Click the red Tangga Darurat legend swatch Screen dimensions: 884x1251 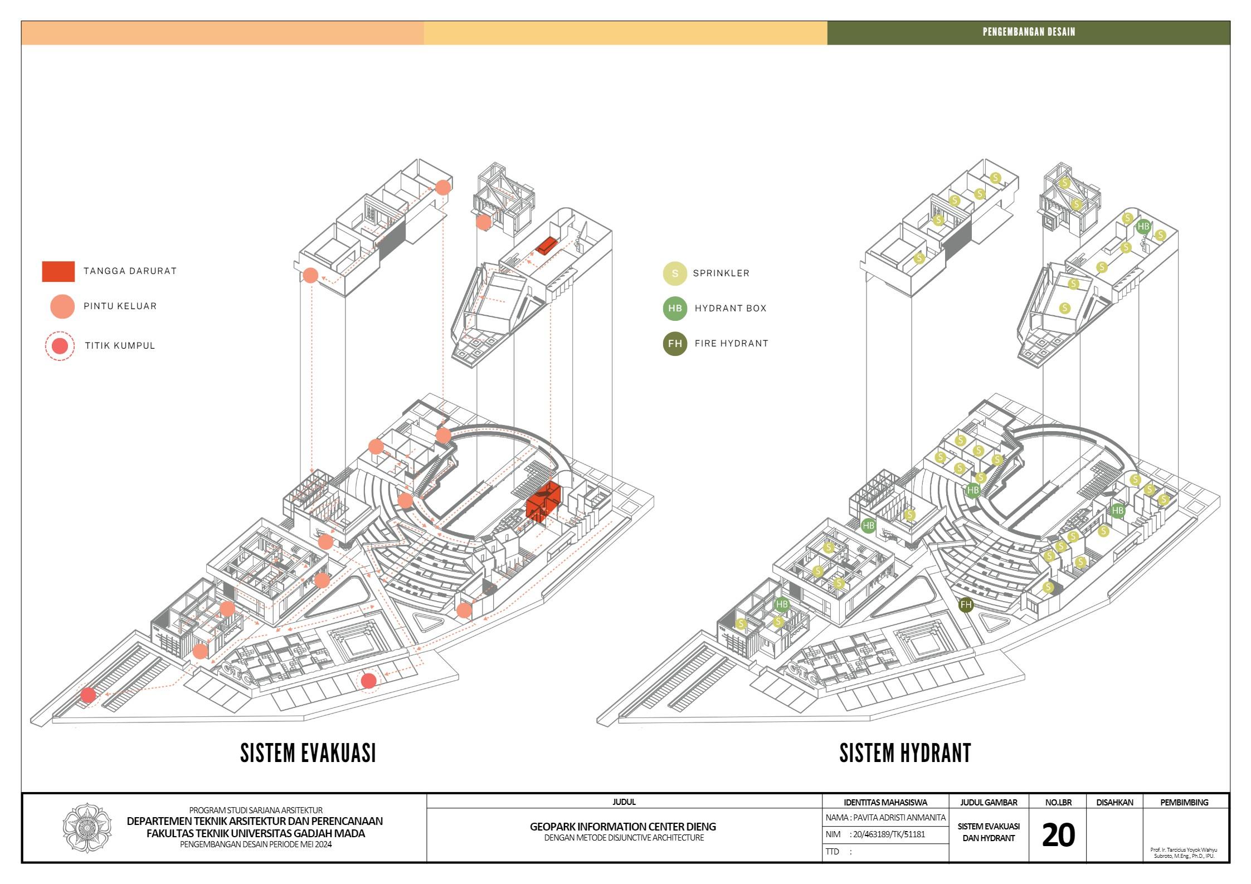point(58,271)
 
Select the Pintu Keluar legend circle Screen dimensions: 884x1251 point(62,306)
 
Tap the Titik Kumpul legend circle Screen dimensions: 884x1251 point(60,346)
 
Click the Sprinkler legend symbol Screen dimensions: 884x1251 point(675,273)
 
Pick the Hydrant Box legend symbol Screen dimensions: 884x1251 point(675,309)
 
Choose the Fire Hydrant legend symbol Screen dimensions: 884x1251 point(675,344)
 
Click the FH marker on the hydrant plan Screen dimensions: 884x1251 point(966,605)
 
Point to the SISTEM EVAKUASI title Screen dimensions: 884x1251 point(308,753)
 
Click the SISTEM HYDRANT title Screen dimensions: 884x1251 point(905,753)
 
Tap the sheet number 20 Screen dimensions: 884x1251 point(1058,835)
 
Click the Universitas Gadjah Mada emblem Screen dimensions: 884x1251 point(87,828)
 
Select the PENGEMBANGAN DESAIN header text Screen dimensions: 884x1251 point(1029,32)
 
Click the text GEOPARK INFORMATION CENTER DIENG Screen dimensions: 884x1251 point(623,827)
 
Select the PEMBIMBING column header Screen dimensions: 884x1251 point(1184,803)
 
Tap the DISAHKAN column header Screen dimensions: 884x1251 point(1114,803)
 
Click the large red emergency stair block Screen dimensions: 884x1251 point(543,504)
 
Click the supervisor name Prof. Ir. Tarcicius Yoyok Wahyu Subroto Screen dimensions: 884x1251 point(1184,853)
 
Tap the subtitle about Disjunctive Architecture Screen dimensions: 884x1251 point(624,838)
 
